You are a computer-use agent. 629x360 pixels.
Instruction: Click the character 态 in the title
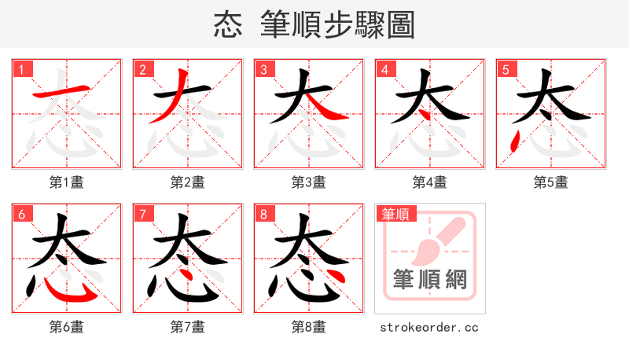[229, 25]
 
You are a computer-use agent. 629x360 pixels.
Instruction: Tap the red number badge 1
[21, 69]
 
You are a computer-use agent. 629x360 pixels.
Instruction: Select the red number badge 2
[142, 69]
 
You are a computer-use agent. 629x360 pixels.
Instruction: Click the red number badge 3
[263, 69]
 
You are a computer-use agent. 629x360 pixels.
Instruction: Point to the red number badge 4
[384, 69]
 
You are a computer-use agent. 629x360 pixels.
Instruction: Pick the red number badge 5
[506, 69]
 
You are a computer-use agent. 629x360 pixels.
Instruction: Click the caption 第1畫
[67, 182]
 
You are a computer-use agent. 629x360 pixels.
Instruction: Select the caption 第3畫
[309, 182]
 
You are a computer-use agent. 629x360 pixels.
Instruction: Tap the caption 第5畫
[551, 182]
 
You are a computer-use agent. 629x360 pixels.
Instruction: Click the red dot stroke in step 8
[335, 276]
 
